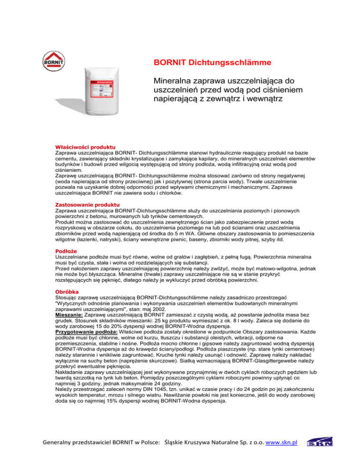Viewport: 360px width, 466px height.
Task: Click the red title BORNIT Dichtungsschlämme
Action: coord(212,62)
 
